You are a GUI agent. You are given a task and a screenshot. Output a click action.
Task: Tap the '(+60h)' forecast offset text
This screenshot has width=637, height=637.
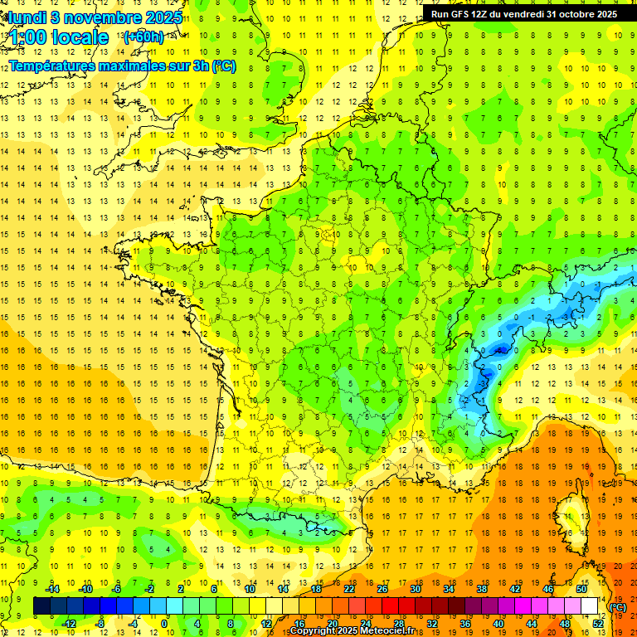click(x=143, y=37)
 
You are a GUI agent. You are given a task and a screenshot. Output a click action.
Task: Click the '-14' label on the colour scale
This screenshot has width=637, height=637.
click(x=53, y=589)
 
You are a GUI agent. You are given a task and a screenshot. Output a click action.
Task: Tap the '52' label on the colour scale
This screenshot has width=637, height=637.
click(x=598, y=623)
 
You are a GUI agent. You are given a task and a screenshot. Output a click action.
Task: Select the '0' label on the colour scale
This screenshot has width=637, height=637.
click(x=164, y=623)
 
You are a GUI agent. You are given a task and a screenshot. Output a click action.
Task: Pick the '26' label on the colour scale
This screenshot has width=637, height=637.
click(x=382, y=589)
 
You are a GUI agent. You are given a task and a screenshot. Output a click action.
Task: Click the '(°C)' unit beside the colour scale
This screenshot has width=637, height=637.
click(x=618, y=607)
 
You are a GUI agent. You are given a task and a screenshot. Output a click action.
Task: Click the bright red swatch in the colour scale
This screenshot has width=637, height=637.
click(x=391, y=606)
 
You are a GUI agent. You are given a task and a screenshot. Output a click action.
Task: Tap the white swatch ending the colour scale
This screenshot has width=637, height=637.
click(x=590, y=606)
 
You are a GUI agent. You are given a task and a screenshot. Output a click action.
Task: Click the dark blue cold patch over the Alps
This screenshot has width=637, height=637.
click(x=498, y=352)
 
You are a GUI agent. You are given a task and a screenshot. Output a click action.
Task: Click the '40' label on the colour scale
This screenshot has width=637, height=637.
click(x=498, y=623)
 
